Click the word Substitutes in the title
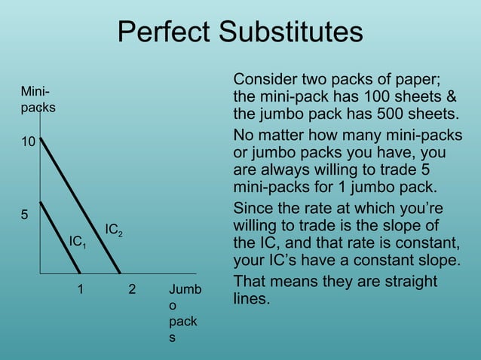[x=293, y=33]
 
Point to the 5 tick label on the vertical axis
[x=24, y=214]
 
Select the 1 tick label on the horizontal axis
[x=81, y=288]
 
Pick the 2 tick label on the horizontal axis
[x=132, y=288]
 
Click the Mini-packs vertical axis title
[x=37, y=99]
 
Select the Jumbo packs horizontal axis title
[x=184, y=313]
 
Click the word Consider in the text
[x=266, y=80]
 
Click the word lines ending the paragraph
[x=251, y=299]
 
